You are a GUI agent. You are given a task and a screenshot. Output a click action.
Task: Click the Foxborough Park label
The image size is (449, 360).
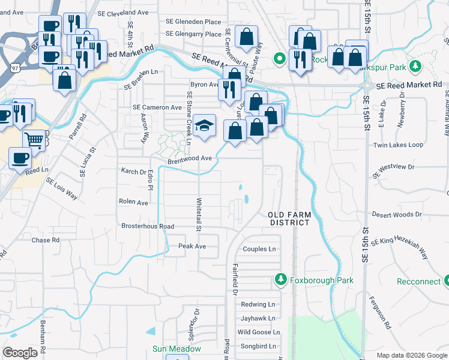tap(322, 280)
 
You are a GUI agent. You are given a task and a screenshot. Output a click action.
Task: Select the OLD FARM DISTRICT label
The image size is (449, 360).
tap(289, 218)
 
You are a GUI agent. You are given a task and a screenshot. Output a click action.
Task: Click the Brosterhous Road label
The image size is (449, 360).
tap(148, 226)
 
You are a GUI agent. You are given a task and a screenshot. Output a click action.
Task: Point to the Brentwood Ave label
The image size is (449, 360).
tap(190, 158)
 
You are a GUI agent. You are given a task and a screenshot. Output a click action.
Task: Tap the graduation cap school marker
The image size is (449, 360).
tap(205, 125)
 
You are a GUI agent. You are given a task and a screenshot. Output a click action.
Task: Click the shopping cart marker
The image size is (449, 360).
tap(35, 140)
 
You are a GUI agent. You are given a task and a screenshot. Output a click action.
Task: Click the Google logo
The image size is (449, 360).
tap(20, 353)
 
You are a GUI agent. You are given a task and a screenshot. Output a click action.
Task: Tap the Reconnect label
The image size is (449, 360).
tap(418, 281)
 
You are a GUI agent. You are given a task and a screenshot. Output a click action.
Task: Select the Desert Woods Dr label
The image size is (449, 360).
tap(397, 214)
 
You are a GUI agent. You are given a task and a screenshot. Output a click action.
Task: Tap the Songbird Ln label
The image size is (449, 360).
tap(258, 346)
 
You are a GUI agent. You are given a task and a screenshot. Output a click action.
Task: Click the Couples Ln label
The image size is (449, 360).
tap(259, 249)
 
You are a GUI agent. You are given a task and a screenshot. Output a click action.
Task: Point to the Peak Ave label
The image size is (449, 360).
tap(192, 247)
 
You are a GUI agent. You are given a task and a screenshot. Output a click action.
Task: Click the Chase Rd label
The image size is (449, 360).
tap(46, 240)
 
